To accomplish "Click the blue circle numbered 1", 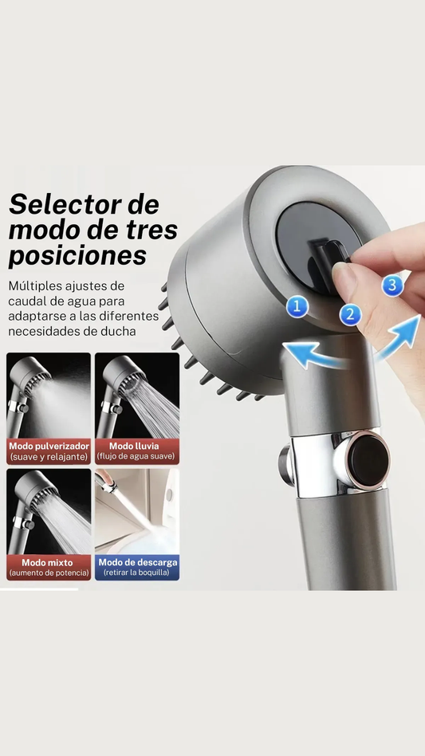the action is (297, 307).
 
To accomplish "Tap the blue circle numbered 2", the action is (350, 315).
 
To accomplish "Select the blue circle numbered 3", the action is (393, 285).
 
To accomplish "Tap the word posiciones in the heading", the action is (77, 255).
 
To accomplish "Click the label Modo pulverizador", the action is (49, 446).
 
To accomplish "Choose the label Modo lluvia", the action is (134, 446).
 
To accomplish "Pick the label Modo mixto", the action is (47, 563).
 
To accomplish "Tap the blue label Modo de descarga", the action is (138, 562).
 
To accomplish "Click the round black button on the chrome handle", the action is (368, 460).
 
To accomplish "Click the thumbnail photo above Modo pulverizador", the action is (48, 396).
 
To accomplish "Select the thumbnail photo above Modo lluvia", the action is (137, 396).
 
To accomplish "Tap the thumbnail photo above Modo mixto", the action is (48, 511).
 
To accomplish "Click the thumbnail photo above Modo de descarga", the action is (137, 511).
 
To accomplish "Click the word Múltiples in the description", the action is (36, 286).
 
